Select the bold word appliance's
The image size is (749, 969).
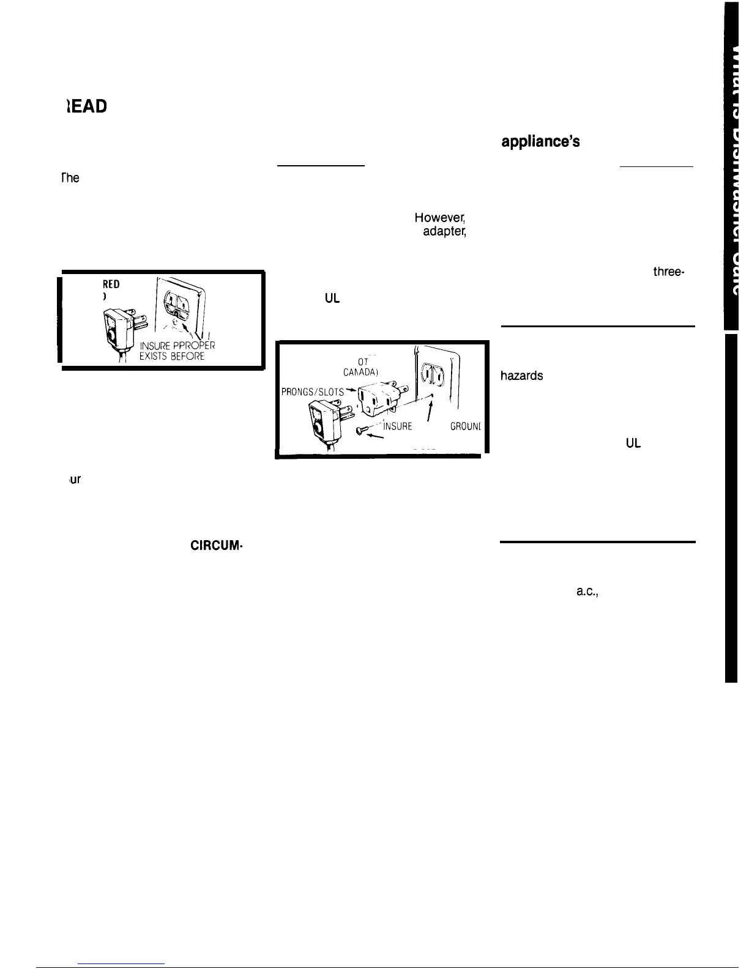point(540,141)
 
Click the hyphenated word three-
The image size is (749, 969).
point(668,272)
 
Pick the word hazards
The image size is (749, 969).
point(522,376)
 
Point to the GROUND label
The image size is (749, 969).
point(467,426)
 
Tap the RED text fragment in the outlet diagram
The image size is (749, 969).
point(112,284)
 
